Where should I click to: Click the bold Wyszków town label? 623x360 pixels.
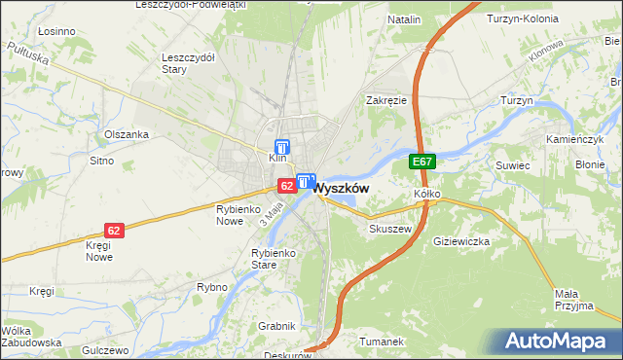point(341,188)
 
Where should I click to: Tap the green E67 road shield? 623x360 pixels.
point(421,162)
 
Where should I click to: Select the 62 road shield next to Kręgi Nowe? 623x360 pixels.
point(115,231)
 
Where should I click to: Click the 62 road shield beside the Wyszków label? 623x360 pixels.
point(286,185)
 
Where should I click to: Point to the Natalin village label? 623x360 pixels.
point(404,19)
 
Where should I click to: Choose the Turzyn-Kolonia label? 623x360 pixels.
point(521,19)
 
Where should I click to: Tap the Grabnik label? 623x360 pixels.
point(275,326)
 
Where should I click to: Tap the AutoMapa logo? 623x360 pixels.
point(561,342)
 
